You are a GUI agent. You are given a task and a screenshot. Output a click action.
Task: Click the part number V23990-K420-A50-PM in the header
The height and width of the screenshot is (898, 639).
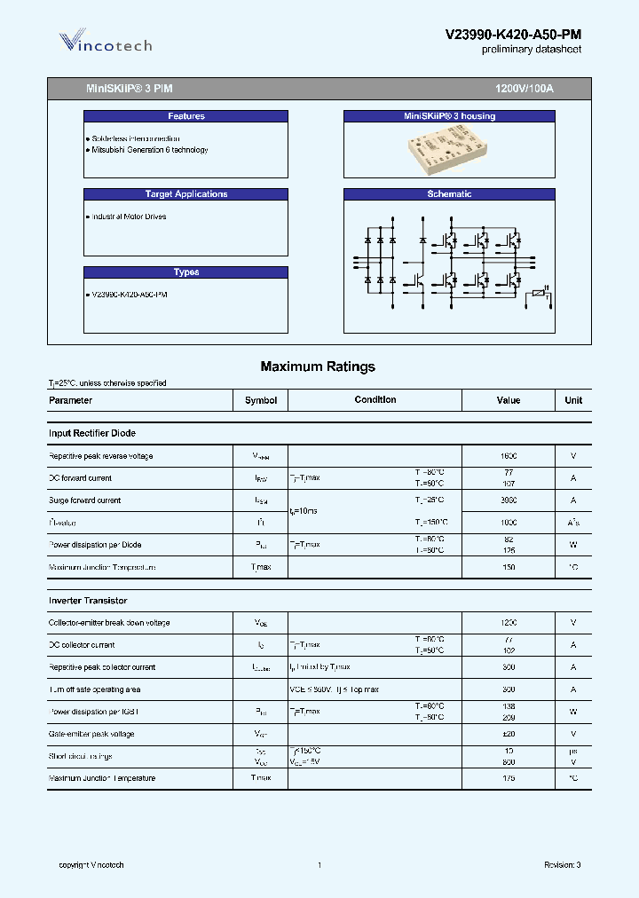(513, 35)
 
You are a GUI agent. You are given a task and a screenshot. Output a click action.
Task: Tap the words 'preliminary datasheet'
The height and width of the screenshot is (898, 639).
(531, 51)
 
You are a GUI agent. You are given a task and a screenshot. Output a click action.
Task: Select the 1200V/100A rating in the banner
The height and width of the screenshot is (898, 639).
(524, 90)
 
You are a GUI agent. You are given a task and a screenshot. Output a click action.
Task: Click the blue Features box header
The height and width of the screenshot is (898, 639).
(186, 116)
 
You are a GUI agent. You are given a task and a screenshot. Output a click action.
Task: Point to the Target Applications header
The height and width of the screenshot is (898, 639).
(186, 194)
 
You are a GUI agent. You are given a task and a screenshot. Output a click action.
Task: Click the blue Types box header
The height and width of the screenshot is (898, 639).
(186, 272)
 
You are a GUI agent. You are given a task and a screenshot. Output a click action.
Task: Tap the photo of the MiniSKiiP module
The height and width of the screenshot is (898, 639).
(448, 152)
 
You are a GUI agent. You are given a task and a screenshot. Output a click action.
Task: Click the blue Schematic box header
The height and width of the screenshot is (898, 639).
(449, 194)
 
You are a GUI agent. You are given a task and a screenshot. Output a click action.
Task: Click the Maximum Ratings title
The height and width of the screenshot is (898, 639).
(318, 366)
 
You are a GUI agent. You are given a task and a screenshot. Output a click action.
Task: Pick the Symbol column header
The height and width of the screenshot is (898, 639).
(261, 400)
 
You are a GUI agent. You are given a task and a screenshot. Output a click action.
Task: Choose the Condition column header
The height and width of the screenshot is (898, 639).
(375, 400)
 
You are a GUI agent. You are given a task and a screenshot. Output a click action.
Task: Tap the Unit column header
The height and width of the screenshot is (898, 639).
(573, 400)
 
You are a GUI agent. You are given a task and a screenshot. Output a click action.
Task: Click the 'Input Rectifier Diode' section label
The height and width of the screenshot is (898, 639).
(92, 433)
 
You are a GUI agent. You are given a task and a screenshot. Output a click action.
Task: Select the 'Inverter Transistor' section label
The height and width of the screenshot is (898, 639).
(88, 601)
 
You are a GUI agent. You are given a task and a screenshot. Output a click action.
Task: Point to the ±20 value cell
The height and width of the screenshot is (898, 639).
(509, 734)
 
